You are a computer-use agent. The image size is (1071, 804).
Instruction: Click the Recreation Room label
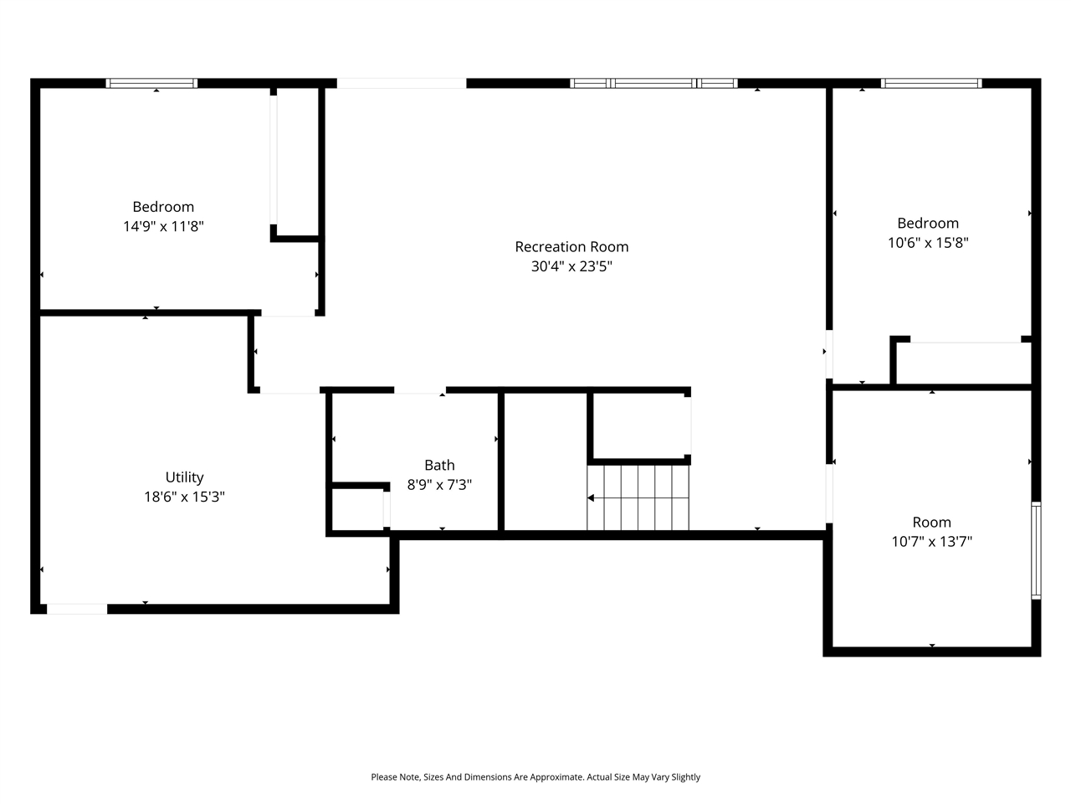pos(571,247)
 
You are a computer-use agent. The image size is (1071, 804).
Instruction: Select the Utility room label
pos(184,477)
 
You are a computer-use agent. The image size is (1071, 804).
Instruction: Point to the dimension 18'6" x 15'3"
pos(184,497)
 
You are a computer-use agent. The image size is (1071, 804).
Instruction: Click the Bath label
pos(439,466)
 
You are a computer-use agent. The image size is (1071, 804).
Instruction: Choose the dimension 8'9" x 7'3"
pos(439,485)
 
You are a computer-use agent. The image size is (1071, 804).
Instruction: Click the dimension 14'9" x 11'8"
pos(163,226)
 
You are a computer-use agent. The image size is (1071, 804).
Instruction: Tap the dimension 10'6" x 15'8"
pos(928,243)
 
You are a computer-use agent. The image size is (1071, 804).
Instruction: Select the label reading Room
pos(931,522)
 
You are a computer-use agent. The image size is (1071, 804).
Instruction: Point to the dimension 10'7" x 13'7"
pos(931,542)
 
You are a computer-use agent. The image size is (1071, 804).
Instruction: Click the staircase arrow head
pos(591,497)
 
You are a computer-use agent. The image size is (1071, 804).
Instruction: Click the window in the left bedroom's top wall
pos(151,83)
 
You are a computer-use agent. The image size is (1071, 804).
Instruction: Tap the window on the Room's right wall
pos(1036,550)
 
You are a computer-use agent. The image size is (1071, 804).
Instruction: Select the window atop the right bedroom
pos(930,83)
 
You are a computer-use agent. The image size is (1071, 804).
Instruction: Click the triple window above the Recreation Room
pos(653,83)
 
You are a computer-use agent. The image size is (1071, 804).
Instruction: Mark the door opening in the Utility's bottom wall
pos(77,609)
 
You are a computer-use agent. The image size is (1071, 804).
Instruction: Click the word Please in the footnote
pos(385,777)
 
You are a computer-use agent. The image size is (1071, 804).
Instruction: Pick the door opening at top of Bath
pos(420,390)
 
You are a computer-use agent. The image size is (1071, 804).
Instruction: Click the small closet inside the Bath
pos(358,509)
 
